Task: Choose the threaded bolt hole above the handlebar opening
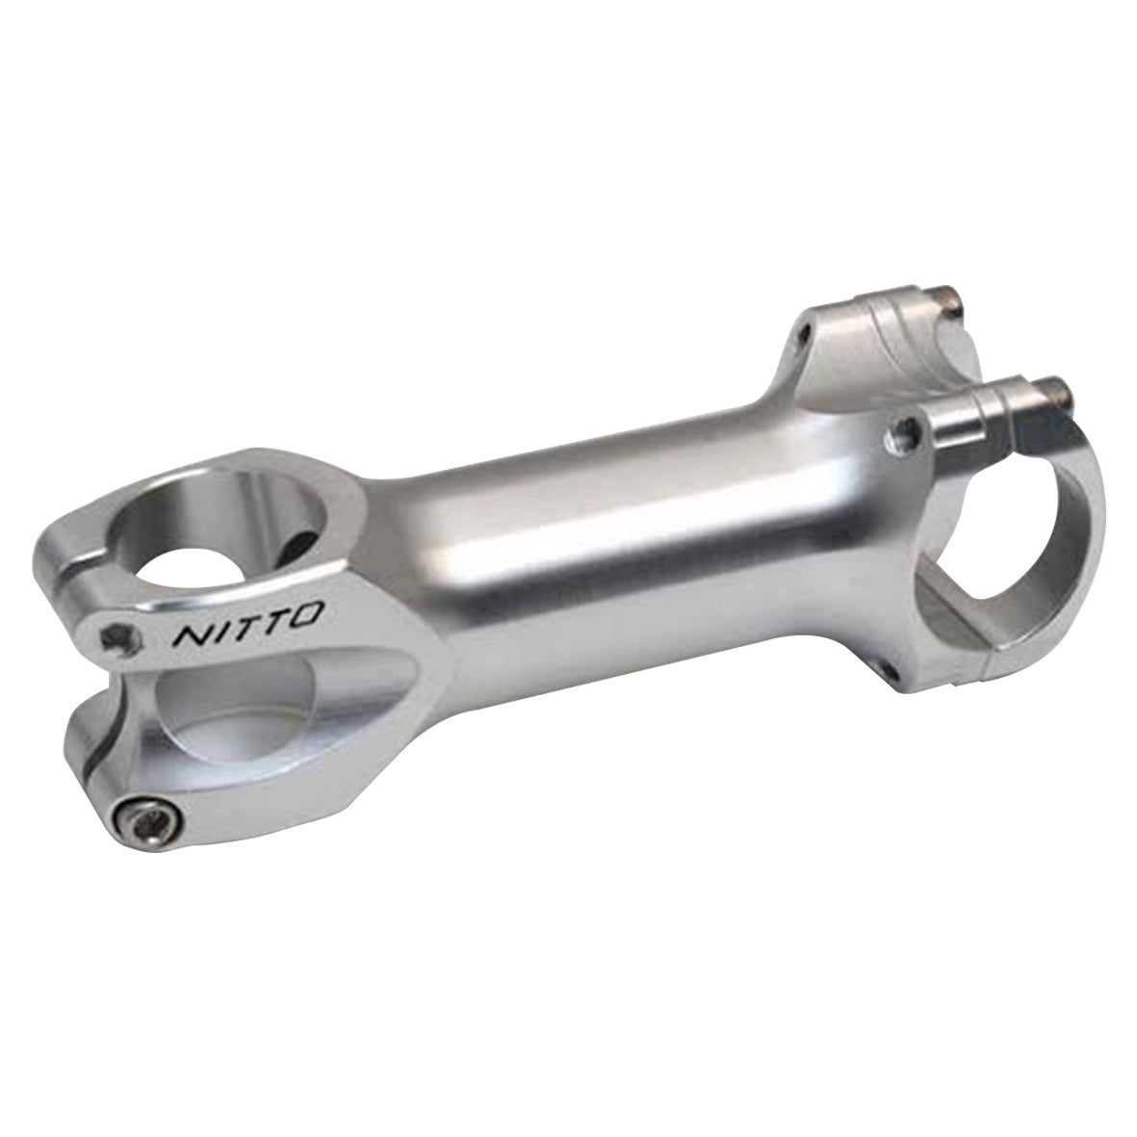901,432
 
